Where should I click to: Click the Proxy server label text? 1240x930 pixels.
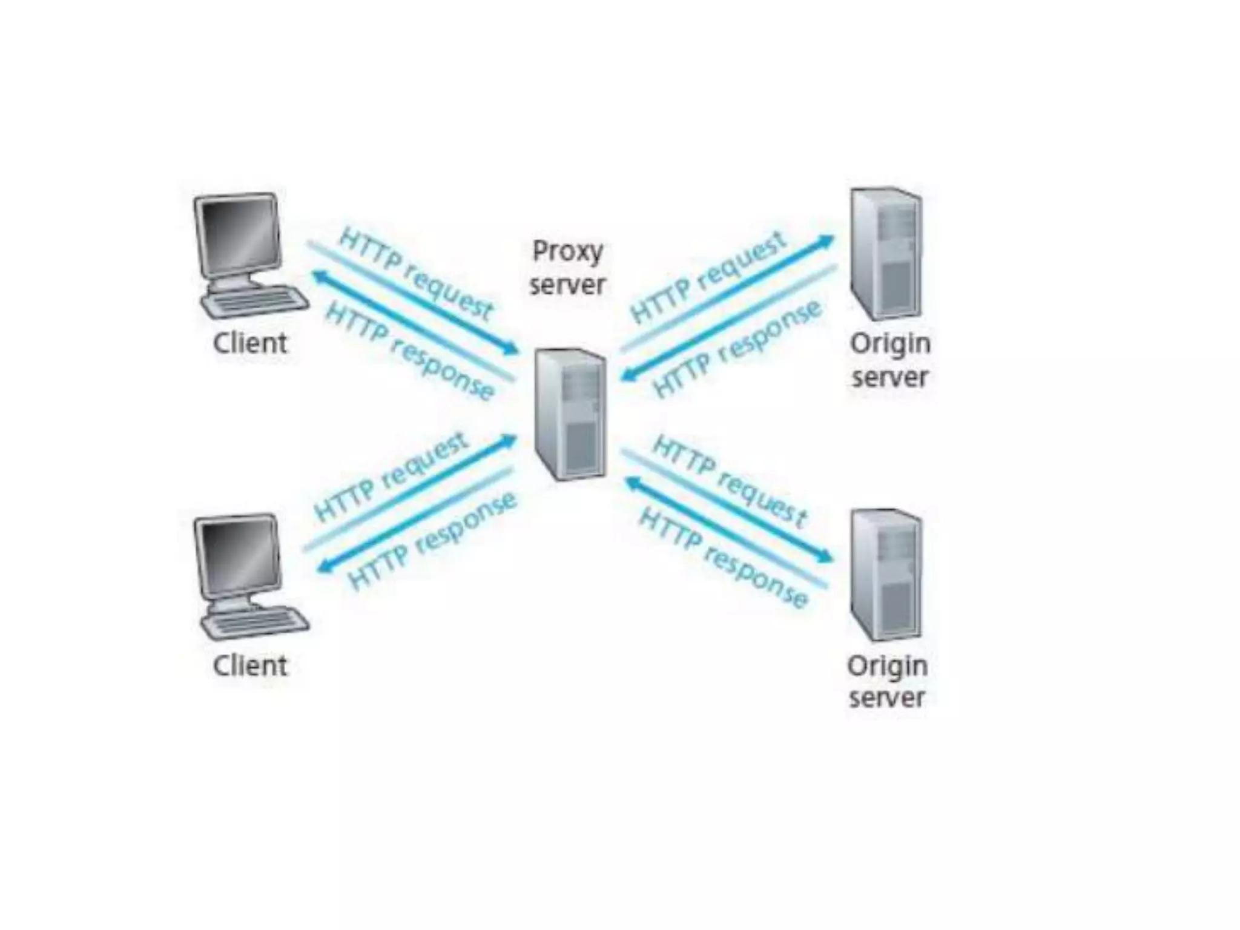point(567,268)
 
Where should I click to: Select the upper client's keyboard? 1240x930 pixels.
point(255,302)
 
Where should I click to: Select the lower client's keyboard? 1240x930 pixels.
point(255,624)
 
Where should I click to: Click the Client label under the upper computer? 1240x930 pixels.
point(250,343)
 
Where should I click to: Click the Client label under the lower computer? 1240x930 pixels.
point(250,665)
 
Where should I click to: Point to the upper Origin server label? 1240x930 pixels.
point(889,360)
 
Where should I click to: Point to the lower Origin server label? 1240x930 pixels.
point(887,682)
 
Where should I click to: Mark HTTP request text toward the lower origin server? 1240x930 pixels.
point(729,481)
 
